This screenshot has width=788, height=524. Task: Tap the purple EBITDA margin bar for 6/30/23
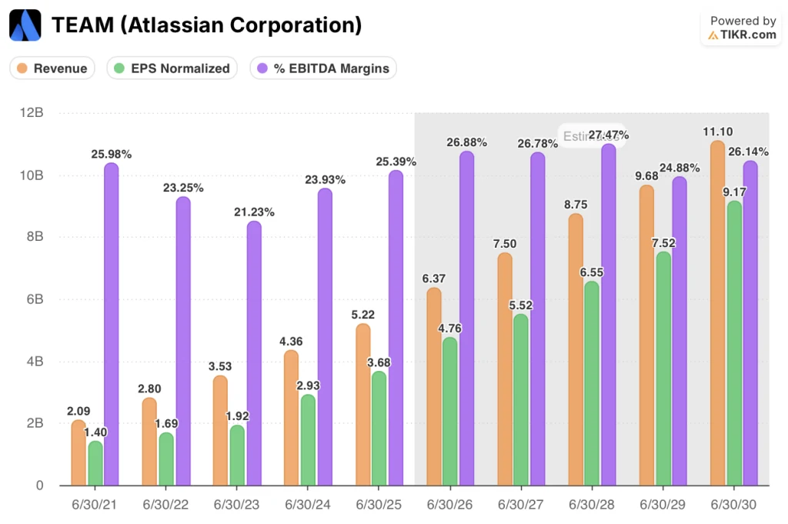tap(254, 353)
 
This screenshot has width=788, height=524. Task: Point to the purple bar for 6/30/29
tap(679, 331)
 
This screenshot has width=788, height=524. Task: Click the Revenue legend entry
tap(52, 68)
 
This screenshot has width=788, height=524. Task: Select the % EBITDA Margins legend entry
tap(322, 68)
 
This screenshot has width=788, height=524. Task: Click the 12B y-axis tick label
tap(32, 112)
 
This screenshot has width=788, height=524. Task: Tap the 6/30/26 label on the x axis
tap(450, 504)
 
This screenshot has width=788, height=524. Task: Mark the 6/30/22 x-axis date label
tap(167, 504)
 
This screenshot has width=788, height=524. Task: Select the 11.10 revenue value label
tap(716, 132)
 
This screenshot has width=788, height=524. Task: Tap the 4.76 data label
tap(451, 329)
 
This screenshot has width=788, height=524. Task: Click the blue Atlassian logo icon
tap(25, 25)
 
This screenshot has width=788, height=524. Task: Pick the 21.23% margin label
tap(254, 212)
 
